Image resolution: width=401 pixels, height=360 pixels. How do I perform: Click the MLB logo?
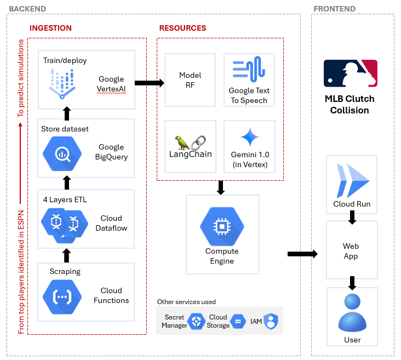tap(351, 73)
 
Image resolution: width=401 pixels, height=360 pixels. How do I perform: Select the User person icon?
tap(352, 312)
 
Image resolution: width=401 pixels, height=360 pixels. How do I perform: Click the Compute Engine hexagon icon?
tap(222, 226)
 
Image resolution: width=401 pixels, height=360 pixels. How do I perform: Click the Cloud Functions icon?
tap(62, 296)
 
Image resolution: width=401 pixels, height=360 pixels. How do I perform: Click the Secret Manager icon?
tap(196, 322)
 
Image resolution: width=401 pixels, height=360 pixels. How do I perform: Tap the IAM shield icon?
tap(272, 322)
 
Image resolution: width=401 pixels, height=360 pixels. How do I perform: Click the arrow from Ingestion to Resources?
tap(149, 83)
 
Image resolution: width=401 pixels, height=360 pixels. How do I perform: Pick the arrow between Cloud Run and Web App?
tap(352, 218)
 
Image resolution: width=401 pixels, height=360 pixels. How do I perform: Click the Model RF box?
tap(190, 79)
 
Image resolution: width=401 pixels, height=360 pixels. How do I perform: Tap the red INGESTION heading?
tap(50, 28)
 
